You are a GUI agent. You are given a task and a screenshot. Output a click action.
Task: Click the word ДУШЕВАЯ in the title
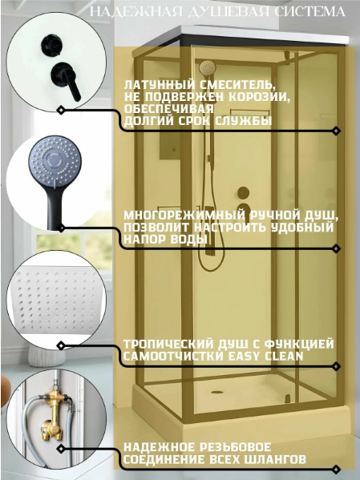[x=228, y=12]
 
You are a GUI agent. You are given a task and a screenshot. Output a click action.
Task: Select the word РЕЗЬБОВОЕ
[x=236, y=447]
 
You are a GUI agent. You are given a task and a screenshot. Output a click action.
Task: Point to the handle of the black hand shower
[x=55, y=208]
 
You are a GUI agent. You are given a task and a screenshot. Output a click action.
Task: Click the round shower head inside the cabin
[x=208, y=67]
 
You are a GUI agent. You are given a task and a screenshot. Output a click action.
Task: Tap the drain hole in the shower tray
[x=216, y=392]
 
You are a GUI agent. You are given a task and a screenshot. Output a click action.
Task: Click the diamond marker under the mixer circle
[x=61, y=110]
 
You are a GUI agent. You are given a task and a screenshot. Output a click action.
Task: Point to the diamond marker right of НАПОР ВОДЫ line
[x=337, y=248]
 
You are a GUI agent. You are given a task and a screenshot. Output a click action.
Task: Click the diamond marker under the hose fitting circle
[x=61, y=449]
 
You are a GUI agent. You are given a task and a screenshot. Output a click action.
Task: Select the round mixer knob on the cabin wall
[x=243, y=192]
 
